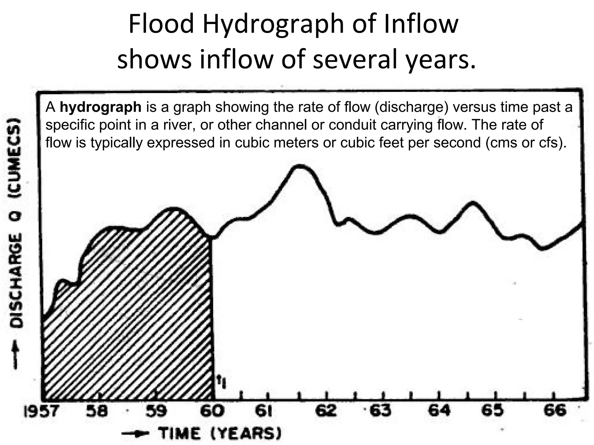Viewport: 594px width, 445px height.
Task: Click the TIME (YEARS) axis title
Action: [220, 434]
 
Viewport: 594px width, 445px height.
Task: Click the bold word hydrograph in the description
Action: [100, 107]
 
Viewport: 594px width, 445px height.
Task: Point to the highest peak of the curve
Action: [300, 166]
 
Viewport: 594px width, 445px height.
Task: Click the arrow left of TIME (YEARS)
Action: [136, 434]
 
